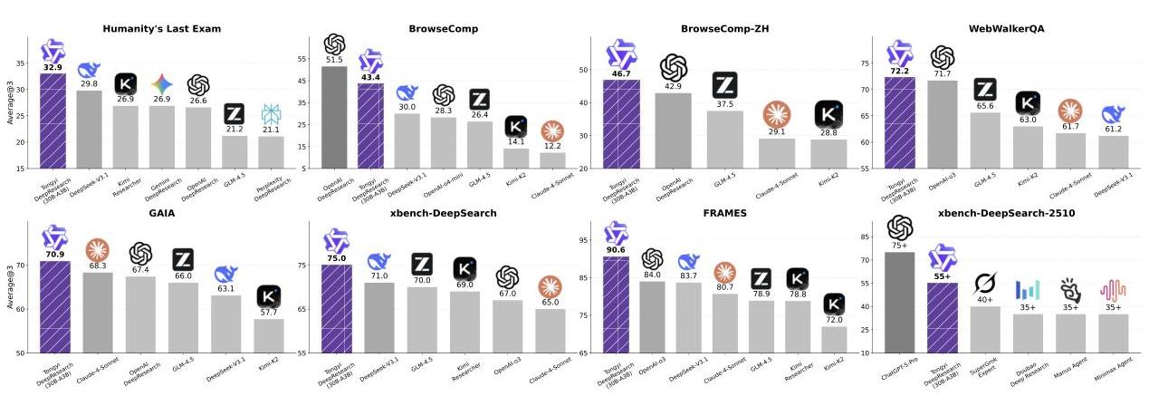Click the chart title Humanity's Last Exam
161,29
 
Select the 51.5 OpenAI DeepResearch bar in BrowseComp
334,117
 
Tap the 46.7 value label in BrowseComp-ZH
622,73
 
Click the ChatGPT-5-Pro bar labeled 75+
899,302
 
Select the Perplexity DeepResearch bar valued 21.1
271,152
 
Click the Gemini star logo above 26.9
161,84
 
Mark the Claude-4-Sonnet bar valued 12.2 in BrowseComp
551,160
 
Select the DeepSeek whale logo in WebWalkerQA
1113,115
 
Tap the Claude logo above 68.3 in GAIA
97,249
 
